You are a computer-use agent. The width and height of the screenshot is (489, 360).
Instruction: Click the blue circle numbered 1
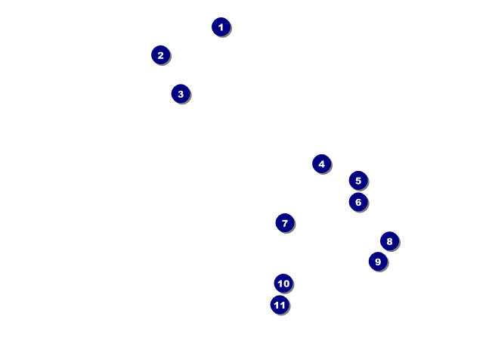pos(221,27)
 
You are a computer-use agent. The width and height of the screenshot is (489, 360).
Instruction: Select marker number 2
pos(160,55)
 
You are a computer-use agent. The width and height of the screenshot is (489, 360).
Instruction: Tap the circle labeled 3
pos(180,94)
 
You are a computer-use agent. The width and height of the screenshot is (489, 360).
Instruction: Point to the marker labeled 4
pos(321,163)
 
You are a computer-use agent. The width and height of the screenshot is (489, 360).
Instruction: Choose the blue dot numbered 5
pos(358,180)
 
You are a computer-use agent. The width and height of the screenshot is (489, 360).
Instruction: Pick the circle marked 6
pos(358,202)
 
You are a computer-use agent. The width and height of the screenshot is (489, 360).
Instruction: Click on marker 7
pos(284,223)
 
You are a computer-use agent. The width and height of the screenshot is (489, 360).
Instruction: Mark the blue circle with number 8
pos(389,241)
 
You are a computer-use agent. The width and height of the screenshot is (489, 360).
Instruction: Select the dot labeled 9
pos(378,262)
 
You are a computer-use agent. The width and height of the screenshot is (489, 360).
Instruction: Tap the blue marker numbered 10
pos(283,284)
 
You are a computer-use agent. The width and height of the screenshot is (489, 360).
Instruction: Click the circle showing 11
pos(280,305)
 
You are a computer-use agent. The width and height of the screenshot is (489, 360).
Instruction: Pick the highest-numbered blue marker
pos(280,305)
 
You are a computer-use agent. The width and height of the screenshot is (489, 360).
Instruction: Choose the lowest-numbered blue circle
pos(221,27)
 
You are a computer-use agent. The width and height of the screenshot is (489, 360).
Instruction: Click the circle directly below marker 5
pos(358,202)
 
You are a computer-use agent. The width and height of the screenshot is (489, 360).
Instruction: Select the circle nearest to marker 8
pos(378,262)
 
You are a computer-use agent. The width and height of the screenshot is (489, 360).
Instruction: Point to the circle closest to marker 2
pos(180,94)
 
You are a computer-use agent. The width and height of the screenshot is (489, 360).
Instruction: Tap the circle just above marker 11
pos(283,284)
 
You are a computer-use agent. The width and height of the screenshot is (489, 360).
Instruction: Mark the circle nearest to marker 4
pos(358,180)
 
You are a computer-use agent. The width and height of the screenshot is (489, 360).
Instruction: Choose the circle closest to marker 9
pos(389,241)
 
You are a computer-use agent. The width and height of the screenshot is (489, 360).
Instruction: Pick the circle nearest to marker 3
pos(160,55)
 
